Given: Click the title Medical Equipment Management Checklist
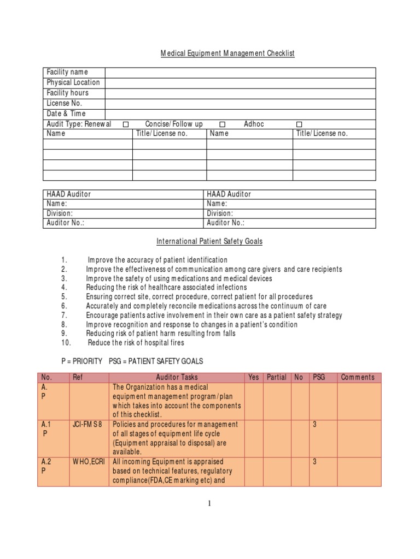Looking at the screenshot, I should (227, 53).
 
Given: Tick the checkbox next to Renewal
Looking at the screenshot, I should (126, 124).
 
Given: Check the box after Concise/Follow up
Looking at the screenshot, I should (223, 124).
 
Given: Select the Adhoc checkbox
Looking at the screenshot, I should (299, 124).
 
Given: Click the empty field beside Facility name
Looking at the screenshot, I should (240, 73).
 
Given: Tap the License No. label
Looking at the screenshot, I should (65, 103).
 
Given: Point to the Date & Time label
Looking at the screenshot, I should (66, 114).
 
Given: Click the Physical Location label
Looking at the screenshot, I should (73, 82).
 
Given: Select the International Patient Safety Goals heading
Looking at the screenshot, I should (209, 241).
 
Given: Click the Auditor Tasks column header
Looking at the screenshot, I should (177, 377).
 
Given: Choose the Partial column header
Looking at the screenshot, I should (277, 377).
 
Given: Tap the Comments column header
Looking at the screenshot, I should (358, 377).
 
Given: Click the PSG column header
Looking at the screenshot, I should (318, 377).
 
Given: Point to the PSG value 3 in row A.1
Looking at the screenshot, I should (314, 424).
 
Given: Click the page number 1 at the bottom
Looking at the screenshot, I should (209, 504).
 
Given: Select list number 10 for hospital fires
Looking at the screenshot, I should (66, 343).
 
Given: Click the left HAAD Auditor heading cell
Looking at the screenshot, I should (69, 194).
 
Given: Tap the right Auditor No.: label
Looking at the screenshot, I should (226, 223).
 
